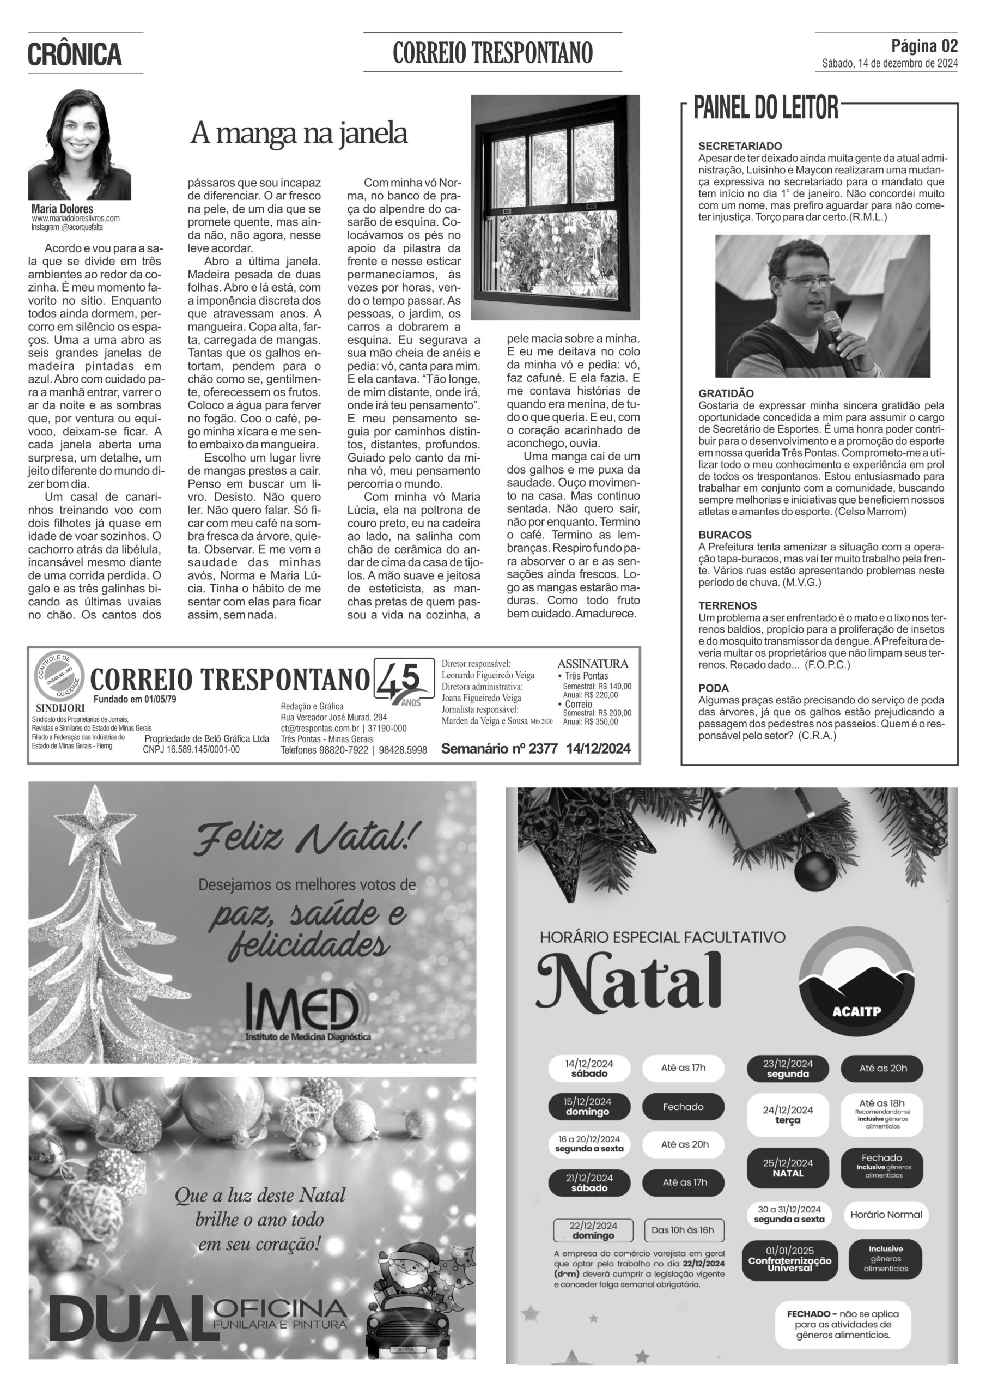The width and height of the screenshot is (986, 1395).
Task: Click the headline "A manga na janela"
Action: click(x=299, y=133)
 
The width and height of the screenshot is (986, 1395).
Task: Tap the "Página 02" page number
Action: click(x=924, y=46)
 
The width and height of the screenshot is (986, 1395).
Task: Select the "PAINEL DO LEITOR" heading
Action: click(x=765, y=107)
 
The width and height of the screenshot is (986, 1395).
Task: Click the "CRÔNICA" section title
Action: click(x=75, y=54)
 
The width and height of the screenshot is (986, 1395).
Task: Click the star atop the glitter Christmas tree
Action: click(x=95, y=812)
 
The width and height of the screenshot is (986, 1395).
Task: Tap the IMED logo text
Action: click(x=302, y=1009)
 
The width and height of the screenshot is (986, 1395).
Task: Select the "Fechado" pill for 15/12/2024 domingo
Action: click(x=683, y=1106)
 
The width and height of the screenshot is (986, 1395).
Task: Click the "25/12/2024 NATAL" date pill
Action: click(x=787, y=1168)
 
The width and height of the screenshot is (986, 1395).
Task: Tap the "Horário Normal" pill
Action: click(x=885, y=1215)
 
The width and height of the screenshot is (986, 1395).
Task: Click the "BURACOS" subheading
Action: click(x=725, y=535)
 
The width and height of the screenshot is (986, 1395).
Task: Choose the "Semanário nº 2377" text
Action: click(x=499, y=749)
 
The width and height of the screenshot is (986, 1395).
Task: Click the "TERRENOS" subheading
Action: click(x=727, y=606)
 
